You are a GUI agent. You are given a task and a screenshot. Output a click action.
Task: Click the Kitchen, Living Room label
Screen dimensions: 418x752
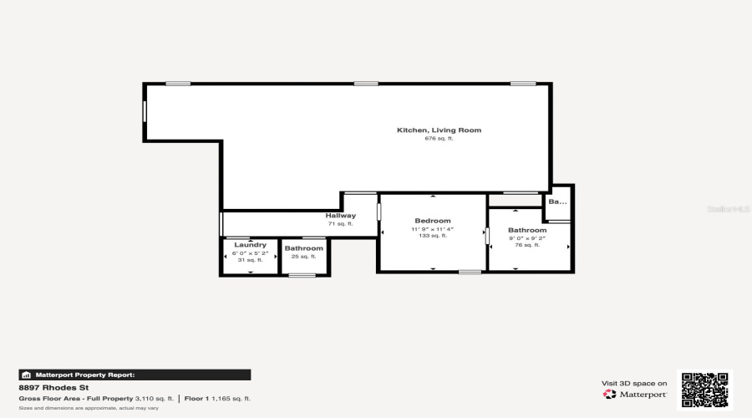coord(439,130)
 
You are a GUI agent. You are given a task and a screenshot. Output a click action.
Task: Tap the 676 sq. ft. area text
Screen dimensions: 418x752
coord(439,139)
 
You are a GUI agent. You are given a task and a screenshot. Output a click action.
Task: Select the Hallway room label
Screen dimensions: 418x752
coord(340,216)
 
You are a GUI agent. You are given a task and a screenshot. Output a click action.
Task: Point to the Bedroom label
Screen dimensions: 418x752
coord(433,221)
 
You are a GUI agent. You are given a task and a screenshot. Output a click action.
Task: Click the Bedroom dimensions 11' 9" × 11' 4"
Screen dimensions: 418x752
coord(433,229)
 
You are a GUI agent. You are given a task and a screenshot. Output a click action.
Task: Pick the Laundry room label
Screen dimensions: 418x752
coord(250,245)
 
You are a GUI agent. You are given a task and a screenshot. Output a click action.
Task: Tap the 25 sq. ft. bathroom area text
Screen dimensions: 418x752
coord(303,257)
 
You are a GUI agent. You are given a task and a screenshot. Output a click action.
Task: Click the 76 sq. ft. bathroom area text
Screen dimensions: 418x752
coord(527,246)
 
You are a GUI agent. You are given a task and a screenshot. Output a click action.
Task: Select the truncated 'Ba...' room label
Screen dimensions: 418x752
coord(557,201)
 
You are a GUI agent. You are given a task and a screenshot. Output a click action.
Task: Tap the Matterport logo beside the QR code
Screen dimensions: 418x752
coord(635,394)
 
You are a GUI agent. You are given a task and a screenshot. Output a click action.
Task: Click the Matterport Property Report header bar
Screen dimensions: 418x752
coord(135,375)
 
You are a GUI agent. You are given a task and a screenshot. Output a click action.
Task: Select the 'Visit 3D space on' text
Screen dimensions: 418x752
coord(634,383)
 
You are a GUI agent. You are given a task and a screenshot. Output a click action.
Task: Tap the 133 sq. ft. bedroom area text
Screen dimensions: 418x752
coord(433,237)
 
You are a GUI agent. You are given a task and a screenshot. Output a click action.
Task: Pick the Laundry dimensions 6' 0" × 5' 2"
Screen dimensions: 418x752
coord(250,252)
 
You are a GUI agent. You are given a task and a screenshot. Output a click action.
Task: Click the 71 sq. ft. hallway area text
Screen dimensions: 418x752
coord(340,224)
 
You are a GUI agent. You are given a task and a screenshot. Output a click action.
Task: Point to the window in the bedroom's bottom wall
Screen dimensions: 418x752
coord(470,272)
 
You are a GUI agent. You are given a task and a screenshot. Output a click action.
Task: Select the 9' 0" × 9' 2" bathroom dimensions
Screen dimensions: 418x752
coord(527,238)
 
